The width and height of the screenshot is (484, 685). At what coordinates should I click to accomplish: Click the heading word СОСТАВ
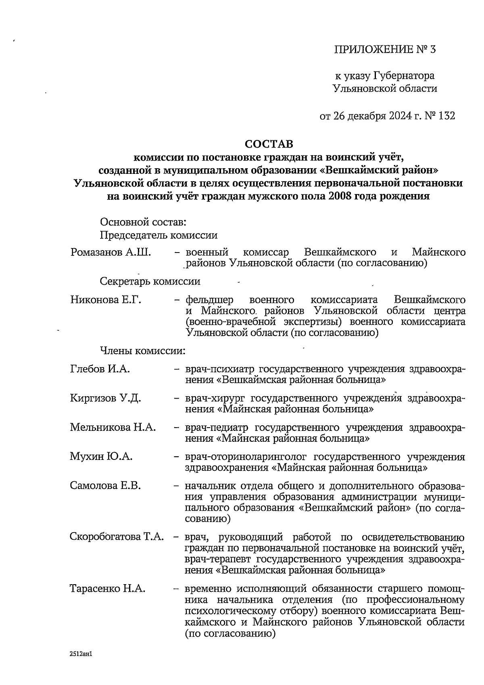269,144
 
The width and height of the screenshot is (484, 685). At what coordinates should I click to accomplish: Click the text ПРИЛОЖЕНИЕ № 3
386,50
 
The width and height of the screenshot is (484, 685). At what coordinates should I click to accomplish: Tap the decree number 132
446,116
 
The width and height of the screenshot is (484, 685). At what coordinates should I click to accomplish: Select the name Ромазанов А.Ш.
111,253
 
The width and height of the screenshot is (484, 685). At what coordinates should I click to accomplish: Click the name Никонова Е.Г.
106,300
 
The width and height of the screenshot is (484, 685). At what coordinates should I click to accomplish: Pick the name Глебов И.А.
100,369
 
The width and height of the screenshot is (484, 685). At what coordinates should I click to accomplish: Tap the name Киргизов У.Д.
106,398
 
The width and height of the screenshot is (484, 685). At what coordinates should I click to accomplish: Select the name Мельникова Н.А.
113,427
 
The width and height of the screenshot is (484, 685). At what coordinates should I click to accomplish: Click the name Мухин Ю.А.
101,457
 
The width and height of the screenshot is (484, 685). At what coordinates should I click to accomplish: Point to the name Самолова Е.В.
105,486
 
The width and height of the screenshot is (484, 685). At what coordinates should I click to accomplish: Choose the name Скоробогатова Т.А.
117,537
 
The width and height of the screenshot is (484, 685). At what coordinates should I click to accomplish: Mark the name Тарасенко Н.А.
108,589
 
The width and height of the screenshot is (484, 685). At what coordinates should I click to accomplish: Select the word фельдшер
209,300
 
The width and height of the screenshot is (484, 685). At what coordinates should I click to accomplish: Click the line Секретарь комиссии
150,281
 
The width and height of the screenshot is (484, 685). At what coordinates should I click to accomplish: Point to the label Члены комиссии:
142,351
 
